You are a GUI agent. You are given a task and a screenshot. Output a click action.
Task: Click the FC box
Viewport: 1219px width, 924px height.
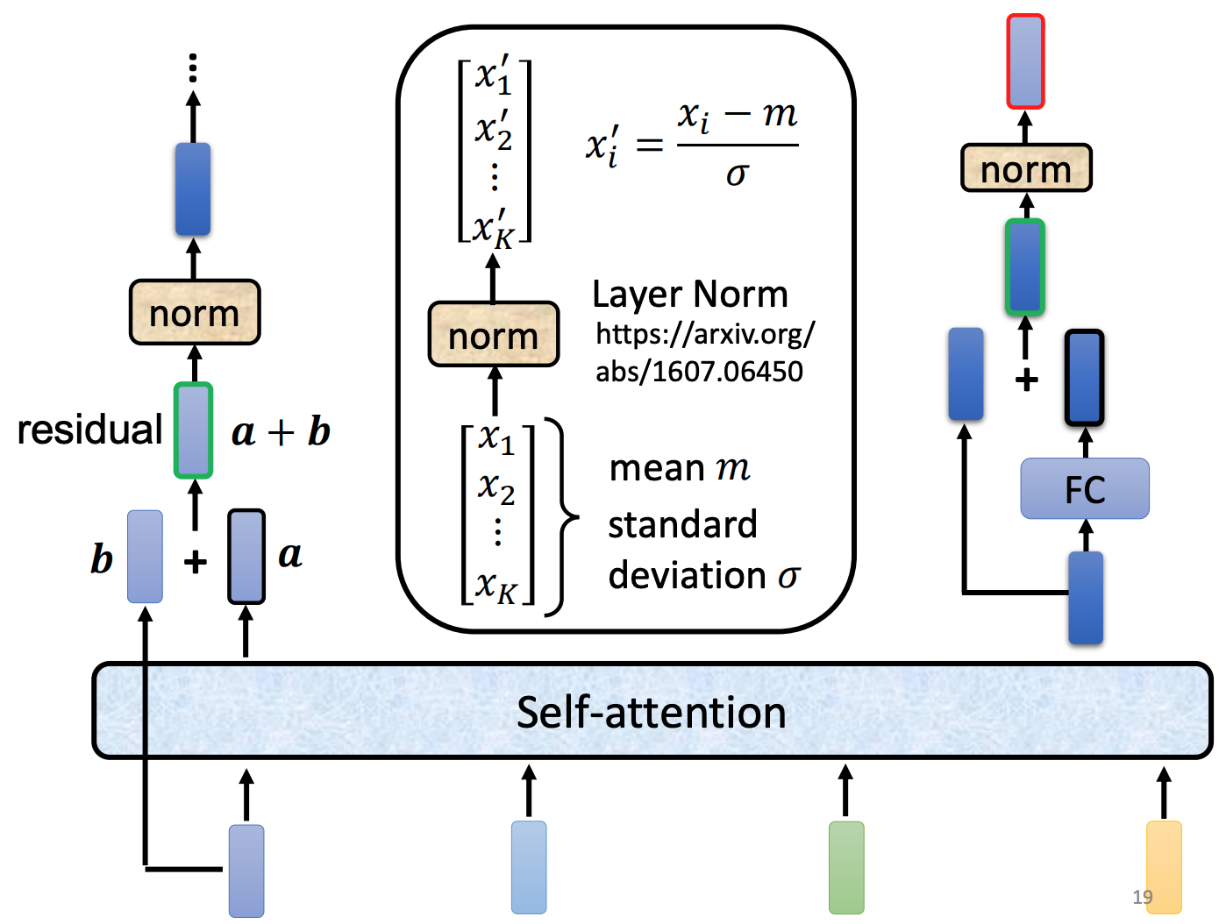[1085, 489]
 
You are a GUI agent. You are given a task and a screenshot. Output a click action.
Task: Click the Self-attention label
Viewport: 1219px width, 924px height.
[651, 712]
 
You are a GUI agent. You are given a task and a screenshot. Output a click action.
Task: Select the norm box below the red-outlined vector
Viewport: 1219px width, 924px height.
[1026, 168]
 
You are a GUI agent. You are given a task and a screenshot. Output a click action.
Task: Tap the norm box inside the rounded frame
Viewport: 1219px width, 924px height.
[494, 335]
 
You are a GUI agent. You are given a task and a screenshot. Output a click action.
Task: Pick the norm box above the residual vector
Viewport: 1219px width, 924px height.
[195, 313]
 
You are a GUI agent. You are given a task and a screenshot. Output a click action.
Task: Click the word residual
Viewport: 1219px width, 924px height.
[89, 430]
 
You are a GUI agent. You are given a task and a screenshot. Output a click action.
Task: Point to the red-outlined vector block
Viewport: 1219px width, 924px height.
[1025, 61]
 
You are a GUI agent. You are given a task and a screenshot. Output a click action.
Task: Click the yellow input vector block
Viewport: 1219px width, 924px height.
[1164, 867]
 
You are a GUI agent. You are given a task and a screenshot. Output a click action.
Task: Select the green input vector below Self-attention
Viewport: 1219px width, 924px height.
[846, 867]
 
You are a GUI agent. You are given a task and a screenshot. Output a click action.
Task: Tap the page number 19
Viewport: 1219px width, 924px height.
[1142, 897]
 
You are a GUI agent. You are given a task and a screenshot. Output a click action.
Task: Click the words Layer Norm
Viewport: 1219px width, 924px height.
[690, 295]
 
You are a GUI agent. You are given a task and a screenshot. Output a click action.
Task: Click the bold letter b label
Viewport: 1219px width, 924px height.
[102, 558]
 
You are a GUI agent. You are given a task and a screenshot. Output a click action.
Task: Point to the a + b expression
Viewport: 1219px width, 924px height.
[281, 432]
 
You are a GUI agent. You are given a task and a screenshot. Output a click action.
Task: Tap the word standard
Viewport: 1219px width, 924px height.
[682, 525]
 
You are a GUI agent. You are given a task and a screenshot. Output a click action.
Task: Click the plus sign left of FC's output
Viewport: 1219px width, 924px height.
[1026, 380]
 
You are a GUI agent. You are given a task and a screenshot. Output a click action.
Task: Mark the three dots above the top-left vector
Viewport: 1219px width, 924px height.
[193, 68]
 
